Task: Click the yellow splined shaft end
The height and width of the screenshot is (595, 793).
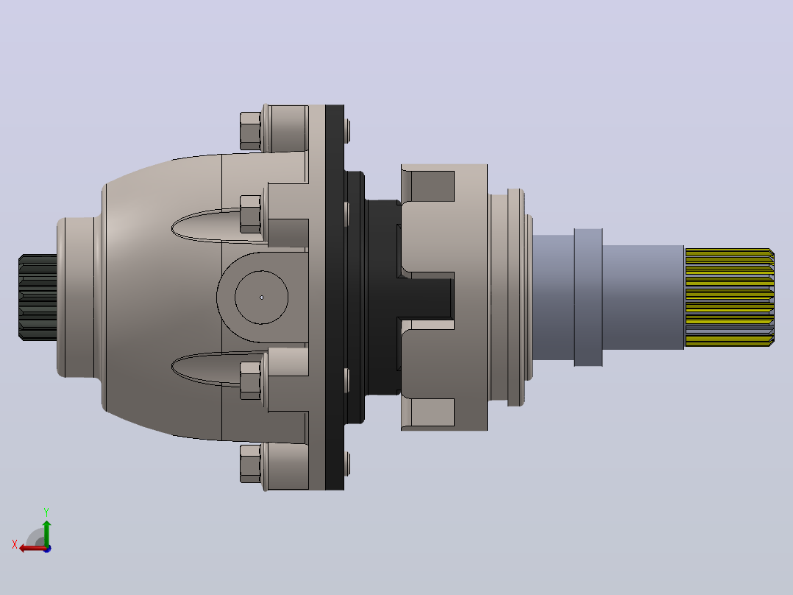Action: tap(729, 297)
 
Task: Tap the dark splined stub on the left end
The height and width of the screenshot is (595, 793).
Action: tap(38, 297)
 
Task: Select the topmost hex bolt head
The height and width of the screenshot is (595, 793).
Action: tap(250, 131)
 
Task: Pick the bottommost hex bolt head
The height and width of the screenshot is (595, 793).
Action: tap(250, 463)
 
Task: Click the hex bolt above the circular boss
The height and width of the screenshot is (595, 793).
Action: tap(250, 214)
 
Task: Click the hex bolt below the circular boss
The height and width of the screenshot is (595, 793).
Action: tap(250, 380)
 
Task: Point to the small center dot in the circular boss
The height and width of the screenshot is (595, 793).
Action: tap(261, 297)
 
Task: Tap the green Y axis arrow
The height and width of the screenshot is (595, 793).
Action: tap(47, 532)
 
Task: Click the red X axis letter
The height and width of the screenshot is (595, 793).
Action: tap(15, 545)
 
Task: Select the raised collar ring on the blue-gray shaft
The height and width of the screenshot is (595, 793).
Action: tap(588, 297)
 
